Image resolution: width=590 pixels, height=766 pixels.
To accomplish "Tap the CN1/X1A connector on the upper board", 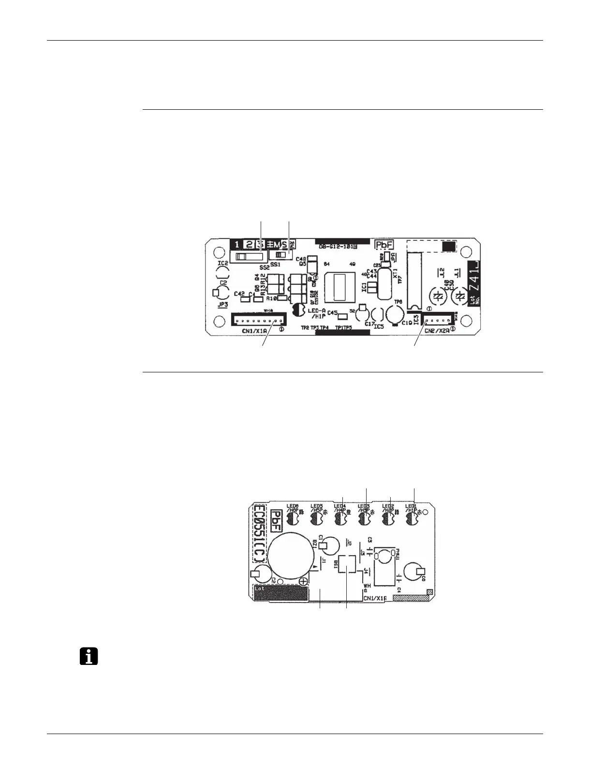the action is pyautogui.click(x=258, y=320).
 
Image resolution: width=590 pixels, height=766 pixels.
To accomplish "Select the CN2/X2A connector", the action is pyautogui.click(x=439, y=320).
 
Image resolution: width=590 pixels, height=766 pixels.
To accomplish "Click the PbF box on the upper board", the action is pyautogui.click(x=386, y=245).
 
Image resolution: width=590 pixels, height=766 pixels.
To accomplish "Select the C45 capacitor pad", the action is pyautogui.click(x=342, y=317).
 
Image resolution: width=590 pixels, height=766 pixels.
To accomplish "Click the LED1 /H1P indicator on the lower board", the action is pyautogui.click(x=412, y=519).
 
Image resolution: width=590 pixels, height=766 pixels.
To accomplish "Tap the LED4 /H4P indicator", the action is pyautogui.click(x=341, y=519).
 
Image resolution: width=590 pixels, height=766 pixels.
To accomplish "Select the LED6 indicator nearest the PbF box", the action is pyautogui.click(x=293, y=519).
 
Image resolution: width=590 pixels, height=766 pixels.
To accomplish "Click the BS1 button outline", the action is pyautogui.click(x=347, y=564).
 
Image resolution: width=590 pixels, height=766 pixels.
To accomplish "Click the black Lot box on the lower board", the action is pyautogui.click(x=281, y=592).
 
